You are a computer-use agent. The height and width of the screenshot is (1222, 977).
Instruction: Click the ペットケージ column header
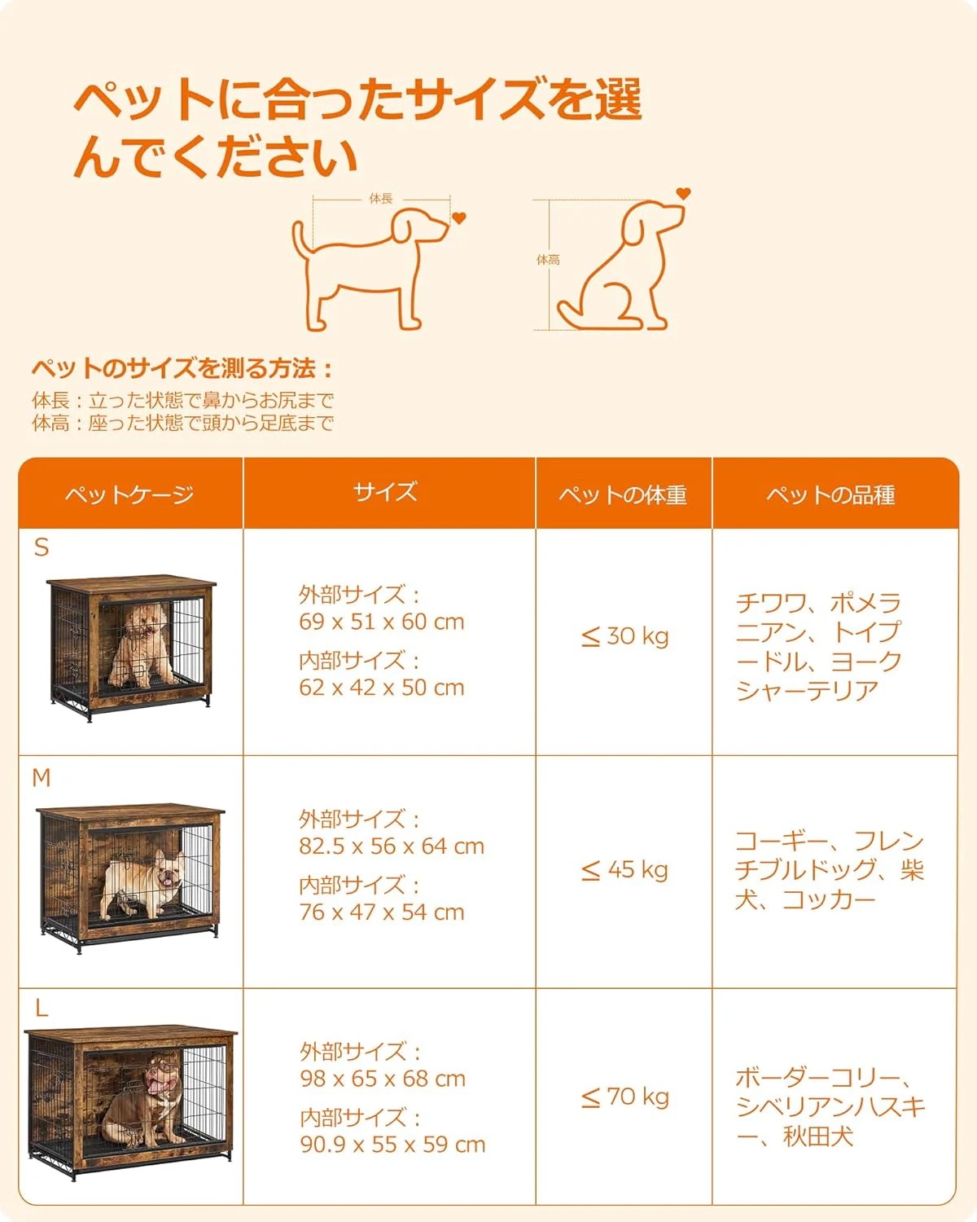129,495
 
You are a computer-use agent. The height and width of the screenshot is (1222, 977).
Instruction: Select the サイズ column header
385,492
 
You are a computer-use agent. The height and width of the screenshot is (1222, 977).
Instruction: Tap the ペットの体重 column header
623,495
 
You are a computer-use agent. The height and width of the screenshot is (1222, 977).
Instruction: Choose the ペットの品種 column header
830,495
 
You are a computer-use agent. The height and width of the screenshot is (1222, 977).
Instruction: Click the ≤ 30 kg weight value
625,636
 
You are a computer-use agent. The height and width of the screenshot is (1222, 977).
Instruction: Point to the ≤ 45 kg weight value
625,870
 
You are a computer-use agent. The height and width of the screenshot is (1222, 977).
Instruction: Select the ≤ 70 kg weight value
625,1097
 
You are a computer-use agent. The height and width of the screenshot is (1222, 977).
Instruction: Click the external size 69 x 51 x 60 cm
381,622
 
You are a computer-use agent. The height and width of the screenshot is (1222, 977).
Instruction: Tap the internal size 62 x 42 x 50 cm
381,688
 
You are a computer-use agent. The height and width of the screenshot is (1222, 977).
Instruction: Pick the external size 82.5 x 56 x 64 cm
391,846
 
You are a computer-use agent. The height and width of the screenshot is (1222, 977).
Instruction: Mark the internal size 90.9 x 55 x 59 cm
392,1145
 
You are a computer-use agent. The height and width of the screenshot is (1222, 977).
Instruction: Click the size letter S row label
42,548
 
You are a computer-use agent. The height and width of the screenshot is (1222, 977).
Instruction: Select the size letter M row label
42,779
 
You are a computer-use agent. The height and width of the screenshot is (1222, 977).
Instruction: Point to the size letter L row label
42,1009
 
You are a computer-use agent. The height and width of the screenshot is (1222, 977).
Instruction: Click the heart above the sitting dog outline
683,194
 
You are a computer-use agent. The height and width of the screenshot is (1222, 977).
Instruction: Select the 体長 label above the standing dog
381,199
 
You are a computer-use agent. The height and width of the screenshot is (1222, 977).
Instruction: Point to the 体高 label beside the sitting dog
548,260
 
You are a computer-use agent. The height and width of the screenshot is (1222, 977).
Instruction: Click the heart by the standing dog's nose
459,218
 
